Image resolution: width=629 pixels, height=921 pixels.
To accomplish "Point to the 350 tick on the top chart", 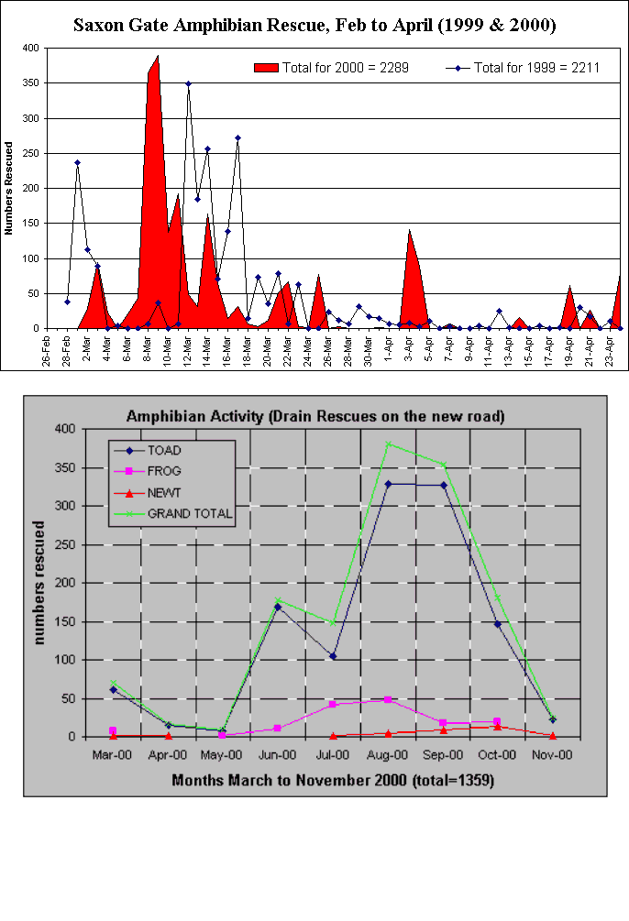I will coord(30,83).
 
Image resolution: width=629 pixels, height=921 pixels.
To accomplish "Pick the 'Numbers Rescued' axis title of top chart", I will coord(8,188).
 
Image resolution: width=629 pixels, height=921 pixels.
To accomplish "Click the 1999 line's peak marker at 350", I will coord(188,83).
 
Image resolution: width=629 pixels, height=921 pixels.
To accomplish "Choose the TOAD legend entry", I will coord(165,451).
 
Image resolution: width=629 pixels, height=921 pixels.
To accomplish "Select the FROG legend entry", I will coord(165,472).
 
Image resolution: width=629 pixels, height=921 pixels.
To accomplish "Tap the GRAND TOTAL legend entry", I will coord(190,513).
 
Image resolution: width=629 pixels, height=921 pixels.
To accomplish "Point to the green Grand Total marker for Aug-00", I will coord(388,444).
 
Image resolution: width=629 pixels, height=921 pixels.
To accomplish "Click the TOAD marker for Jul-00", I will coord(333,656).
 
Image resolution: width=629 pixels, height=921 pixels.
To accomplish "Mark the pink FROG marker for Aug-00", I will coord(388,699).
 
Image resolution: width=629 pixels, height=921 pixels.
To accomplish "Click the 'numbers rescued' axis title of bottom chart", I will coord(41,583).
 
